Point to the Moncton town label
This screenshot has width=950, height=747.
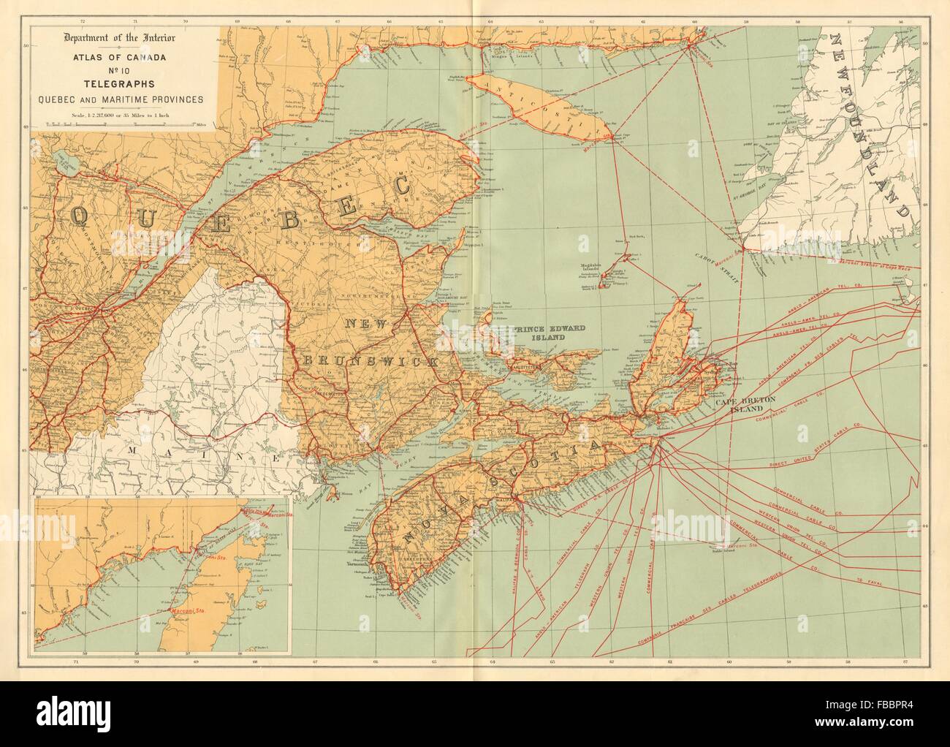click(x=447, y=382)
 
